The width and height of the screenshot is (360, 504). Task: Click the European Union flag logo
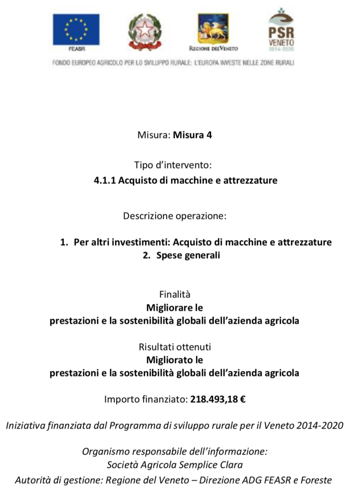(76, 30)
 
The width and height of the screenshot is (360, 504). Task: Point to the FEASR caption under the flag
(77, 49)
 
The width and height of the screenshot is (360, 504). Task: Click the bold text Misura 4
(192, 135)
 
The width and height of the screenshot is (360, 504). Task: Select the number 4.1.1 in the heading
(104, 180)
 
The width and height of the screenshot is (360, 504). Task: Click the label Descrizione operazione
(175, 216)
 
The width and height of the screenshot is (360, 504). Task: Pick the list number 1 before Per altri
(63, 242)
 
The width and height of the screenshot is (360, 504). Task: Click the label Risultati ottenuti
(175, 347)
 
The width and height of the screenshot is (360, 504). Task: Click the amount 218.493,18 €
(218, 399)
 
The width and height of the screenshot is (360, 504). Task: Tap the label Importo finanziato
(146, 399)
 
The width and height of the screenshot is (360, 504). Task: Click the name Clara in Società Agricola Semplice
(230, 464)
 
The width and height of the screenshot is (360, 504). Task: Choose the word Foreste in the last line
(316, 480)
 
